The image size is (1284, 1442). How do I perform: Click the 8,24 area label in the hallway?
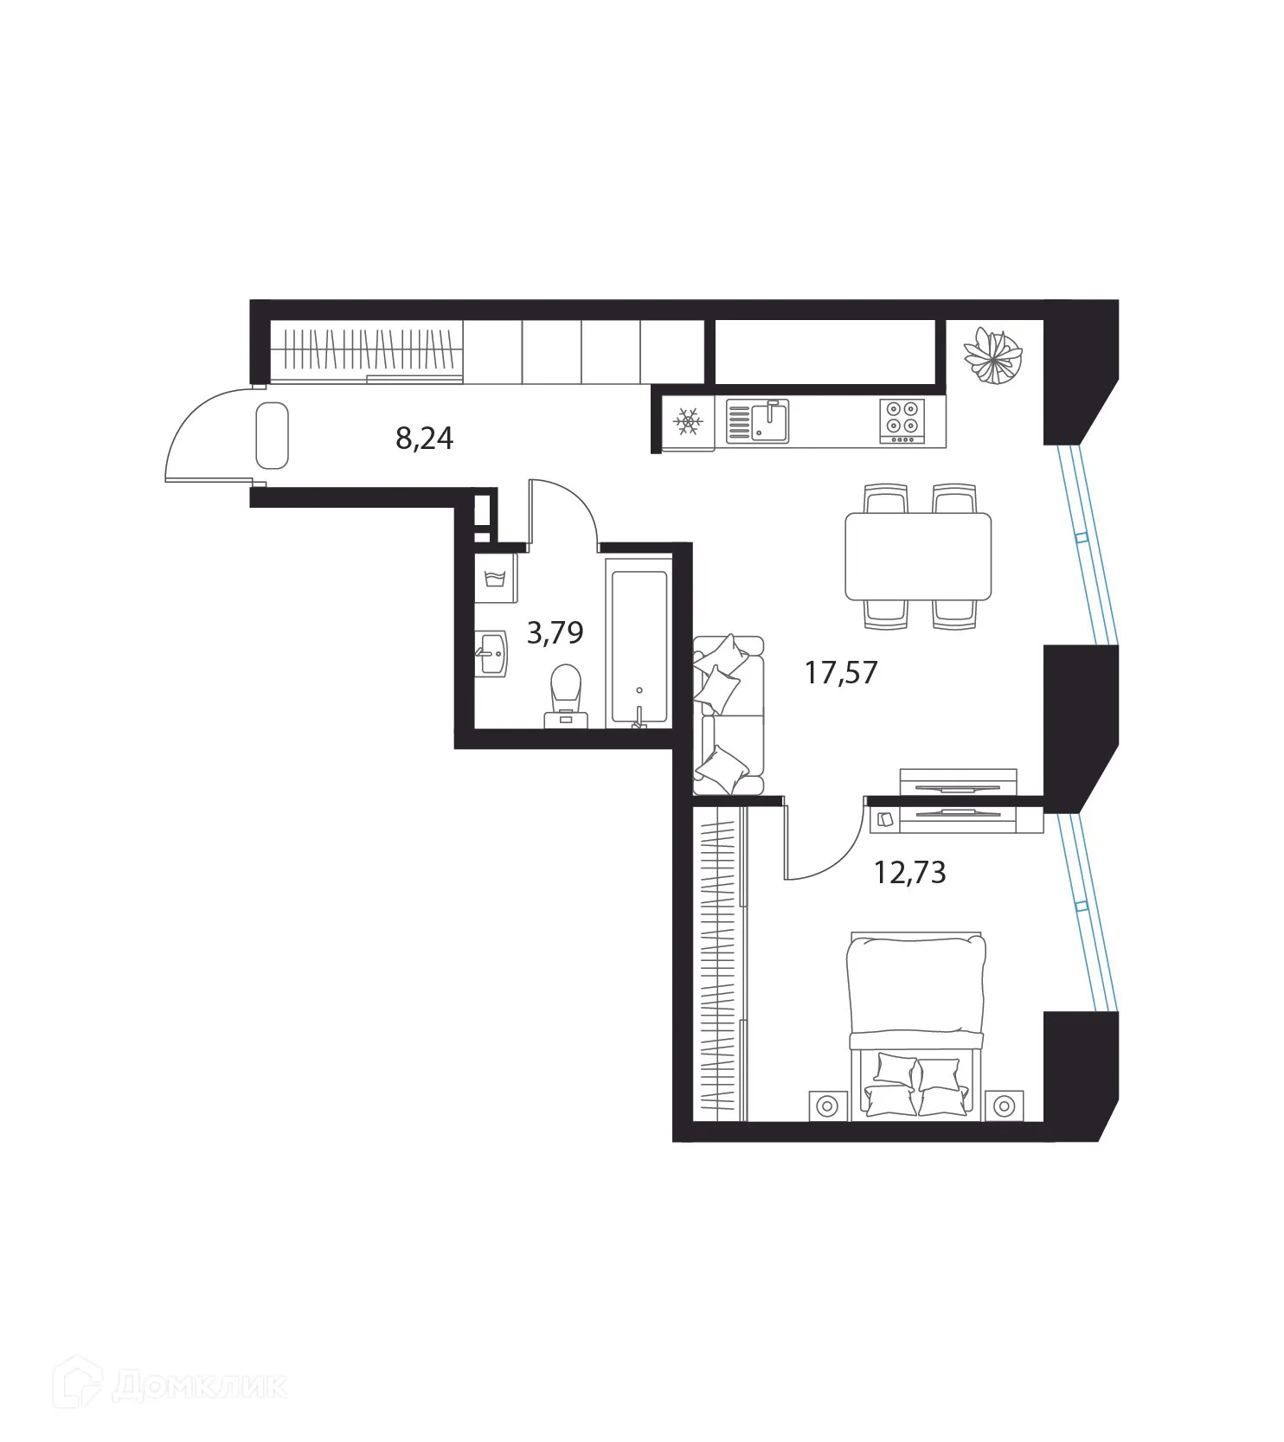424,439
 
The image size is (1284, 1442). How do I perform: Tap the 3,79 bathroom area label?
555,632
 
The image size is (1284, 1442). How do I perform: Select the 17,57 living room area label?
841,672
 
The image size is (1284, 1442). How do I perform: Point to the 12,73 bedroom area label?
909,873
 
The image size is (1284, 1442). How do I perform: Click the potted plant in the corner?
993,355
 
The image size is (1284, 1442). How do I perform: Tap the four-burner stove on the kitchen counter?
902,421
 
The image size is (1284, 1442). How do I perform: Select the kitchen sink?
757,421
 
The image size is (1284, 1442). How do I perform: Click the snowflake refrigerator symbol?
689,423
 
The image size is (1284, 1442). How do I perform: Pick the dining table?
918,556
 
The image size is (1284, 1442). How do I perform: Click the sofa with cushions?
729,715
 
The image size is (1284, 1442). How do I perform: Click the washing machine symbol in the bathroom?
495,578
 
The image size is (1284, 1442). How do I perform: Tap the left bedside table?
827,1106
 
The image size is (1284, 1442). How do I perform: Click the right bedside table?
1004,1106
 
